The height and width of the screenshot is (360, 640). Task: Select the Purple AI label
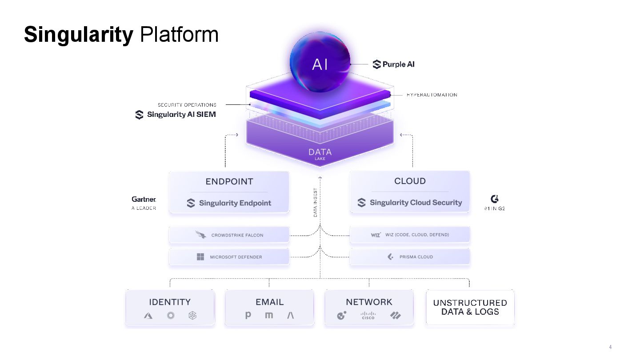tap(394, 64)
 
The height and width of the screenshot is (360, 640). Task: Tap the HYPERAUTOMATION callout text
tap(432, 95)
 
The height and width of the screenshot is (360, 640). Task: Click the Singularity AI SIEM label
tap(176, 115)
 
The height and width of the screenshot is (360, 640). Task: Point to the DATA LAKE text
tap(320, 154)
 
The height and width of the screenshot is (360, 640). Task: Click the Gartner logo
tap(144, 200)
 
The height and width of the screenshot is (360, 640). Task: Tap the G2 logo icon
tap(494, 199)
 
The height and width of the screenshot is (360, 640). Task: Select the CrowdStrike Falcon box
tap(229, 235)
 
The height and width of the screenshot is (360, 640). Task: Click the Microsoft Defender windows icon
tap(200, 257)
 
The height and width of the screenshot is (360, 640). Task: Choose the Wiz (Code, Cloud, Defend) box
tap(410, 235)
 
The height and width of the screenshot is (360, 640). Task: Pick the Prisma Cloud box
tap(410, 257)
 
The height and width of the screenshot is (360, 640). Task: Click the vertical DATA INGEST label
tap(315, 203)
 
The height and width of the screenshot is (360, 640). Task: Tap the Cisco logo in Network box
tap(368, 316)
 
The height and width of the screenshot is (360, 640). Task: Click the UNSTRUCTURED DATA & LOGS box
tap(470, 308)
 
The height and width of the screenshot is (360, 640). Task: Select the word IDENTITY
tap(170, 302)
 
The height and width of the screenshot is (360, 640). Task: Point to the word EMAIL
tap(269, 302)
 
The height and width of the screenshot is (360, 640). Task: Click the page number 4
tap(610, 347)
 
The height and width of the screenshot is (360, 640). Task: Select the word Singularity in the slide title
tap(79, 35)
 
